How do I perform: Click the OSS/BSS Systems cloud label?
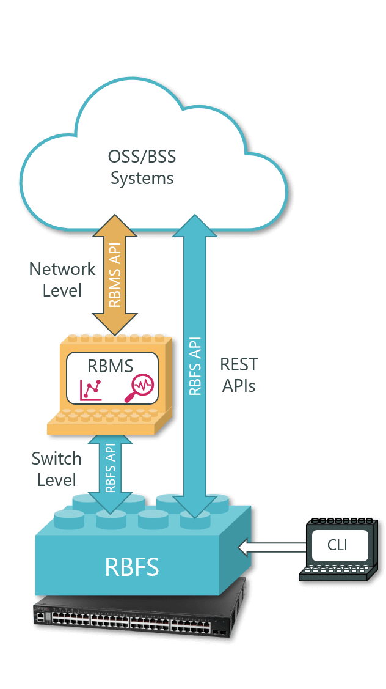pyautogui.click(x=142, y=167)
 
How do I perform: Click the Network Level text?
pyautogui.click(x=62, y=279)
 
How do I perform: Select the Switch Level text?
pyautogui.click(x=56, y=469)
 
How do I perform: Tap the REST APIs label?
pyautogui.click(x=239, y=375)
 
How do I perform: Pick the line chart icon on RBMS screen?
pyautogui.click(x=90, y=389)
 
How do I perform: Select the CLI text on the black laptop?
pyautogui.click(x=337, y=544)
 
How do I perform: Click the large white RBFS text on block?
pyautogui.click(x=132, y=567)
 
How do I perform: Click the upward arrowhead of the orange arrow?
pyautogui.click(x=114, y=225)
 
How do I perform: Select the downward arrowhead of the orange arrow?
pyautogui.click(x=114, y=321)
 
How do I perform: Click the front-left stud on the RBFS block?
pyautogui.click(x=68, y=521)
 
